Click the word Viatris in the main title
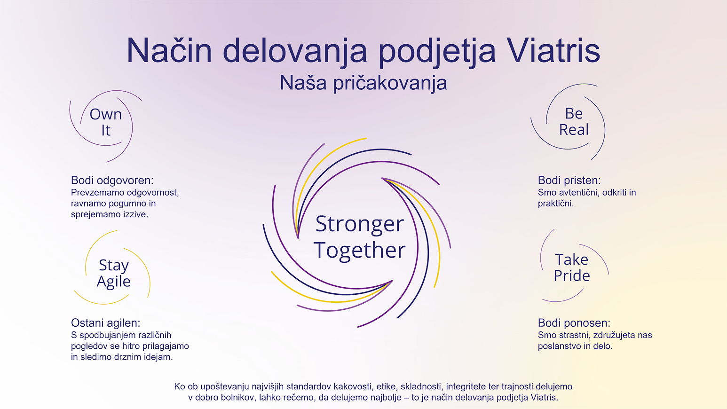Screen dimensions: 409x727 tap(553, 51)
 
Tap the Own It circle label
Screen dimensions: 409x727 tap(106, 122)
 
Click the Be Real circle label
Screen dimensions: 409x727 tap(574, 121)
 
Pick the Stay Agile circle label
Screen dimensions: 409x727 tap(114, 273)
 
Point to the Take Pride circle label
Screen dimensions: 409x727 tap(572, 267)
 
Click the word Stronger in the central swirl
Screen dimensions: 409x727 tap(359, 224)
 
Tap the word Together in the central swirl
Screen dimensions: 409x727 tap(359, 250)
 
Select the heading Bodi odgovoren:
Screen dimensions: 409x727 tap(112, 181)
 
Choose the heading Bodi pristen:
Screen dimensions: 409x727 tap(569, 181)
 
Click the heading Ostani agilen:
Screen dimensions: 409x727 tap(105, 323)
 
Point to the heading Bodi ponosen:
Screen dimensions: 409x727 tap(574, 323)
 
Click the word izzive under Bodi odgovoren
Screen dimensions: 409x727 tap(135, 214)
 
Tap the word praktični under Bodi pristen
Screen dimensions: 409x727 tap(555, 204)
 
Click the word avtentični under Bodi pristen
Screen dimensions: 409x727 tap(576, 192)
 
